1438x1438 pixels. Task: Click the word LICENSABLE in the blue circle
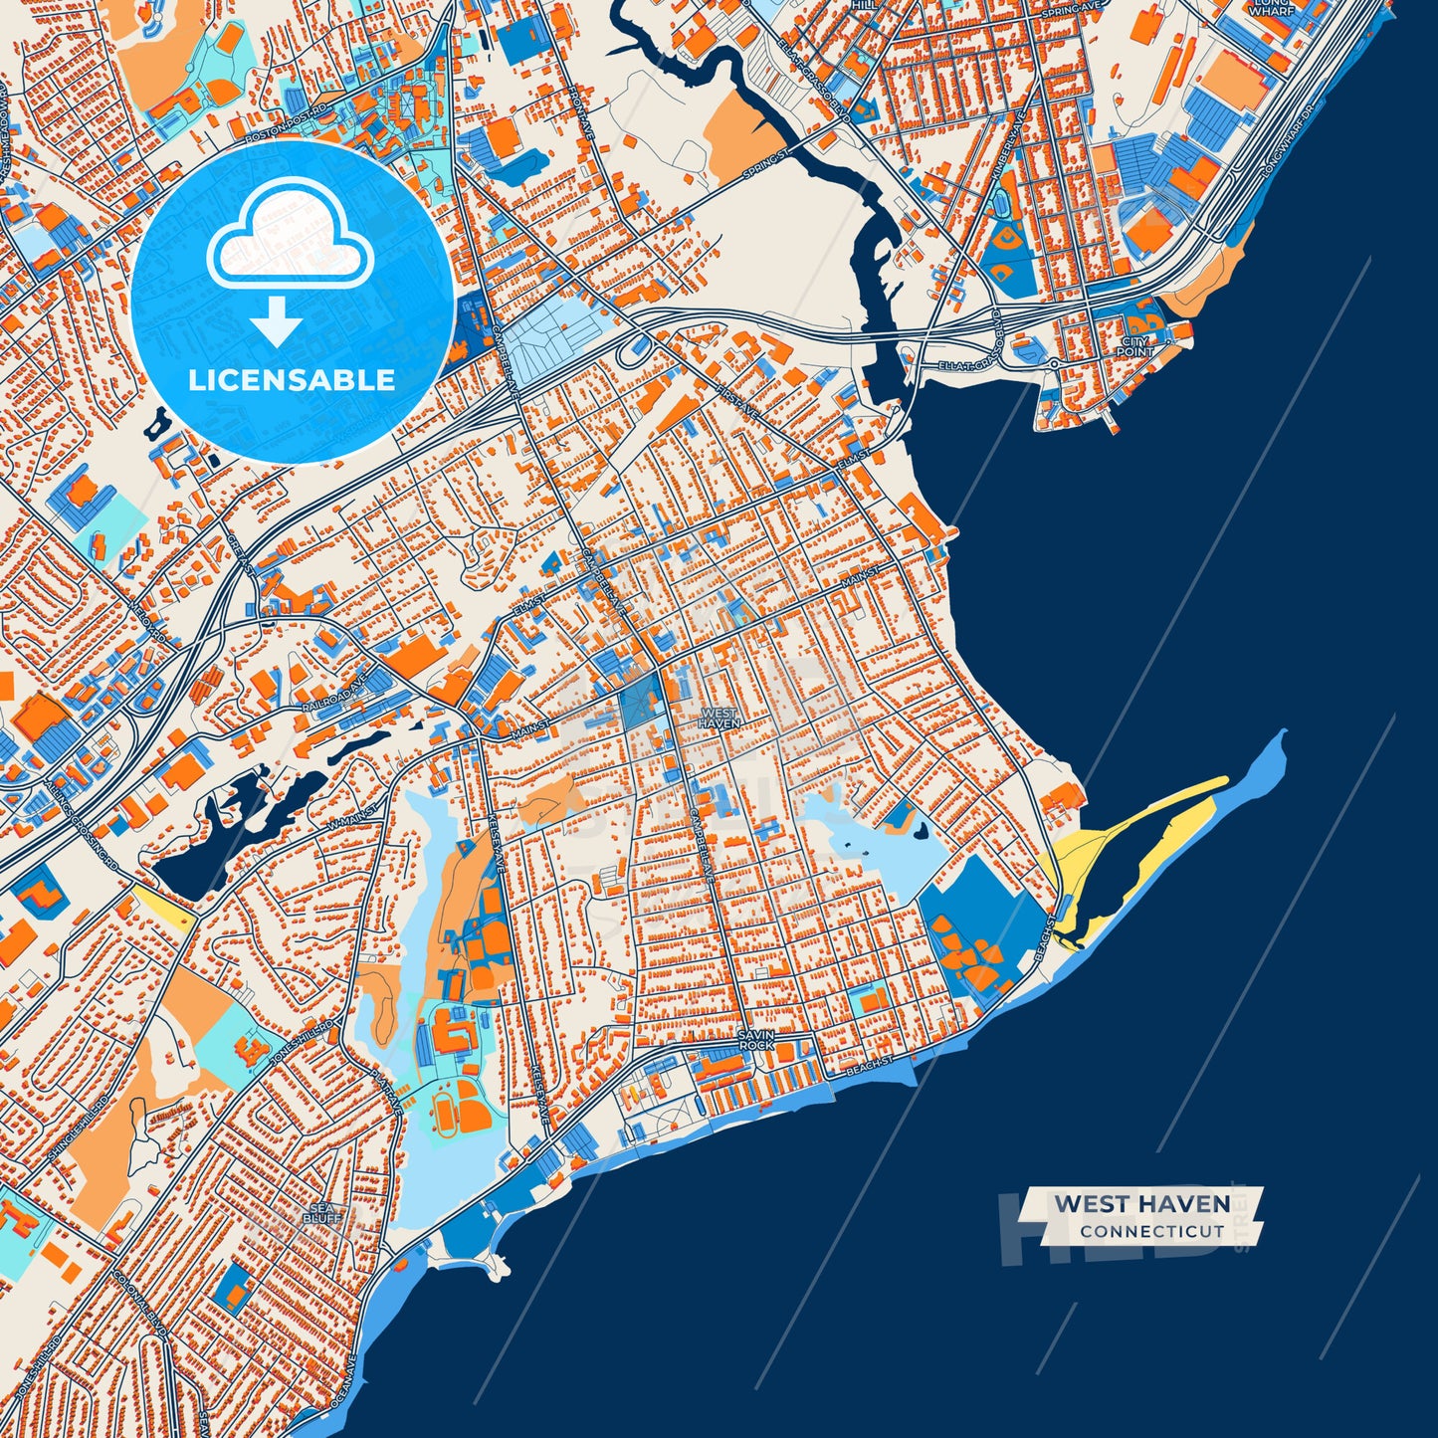tap(292, 380)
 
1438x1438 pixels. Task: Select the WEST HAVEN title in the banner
tap(1141, 1203)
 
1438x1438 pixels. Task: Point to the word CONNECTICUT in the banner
tap(1151, 1231)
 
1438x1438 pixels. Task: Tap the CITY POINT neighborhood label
tap(1134, 346)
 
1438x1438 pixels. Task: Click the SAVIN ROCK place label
tap(755, 1040)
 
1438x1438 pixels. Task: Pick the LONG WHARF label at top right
tap(1272, 7)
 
